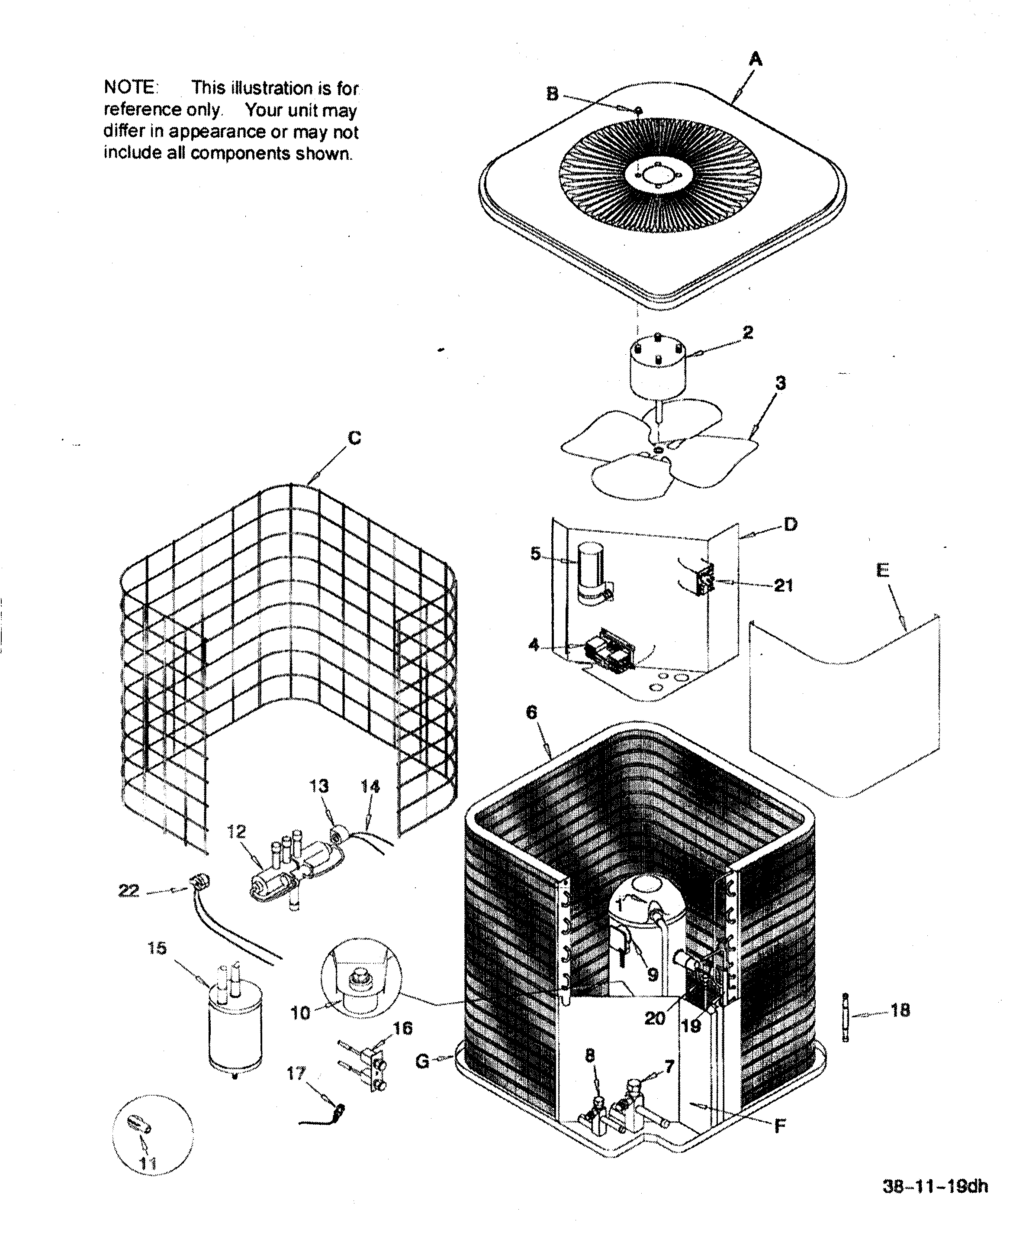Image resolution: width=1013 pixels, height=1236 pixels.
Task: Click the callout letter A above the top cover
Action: (756, 59)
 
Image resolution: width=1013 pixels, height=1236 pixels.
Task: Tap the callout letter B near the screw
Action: (552, 94)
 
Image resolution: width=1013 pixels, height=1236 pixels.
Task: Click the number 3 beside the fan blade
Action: (781, 384)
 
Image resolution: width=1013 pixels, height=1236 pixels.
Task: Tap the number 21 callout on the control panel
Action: (783, 586)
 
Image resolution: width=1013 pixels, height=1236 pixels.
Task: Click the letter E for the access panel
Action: (883, 570)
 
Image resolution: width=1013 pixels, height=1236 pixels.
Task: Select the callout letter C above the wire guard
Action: (354, 438)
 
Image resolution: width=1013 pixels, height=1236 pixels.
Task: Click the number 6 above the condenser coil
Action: (531, 713)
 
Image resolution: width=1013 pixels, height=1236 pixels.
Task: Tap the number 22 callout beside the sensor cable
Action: (129, 891)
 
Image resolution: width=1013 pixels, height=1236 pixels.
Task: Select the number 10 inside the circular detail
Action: (300, 1013)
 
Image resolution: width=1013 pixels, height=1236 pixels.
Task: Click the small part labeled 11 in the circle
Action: (139, 1122)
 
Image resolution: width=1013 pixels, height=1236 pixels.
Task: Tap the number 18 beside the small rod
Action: (900, 1011)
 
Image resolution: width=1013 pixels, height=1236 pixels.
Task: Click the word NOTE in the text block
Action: (129, 87)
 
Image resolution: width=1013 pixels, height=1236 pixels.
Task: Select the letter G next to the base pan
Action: (422, 1061)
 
